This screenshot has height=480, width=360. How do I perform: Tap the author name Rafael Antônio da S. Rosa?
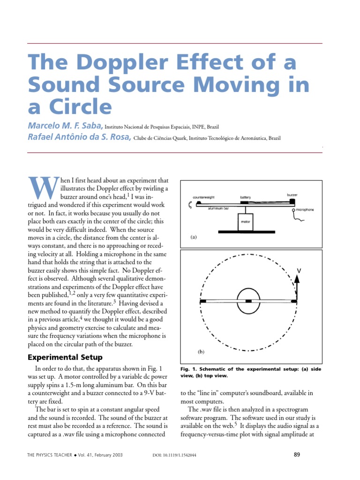80,138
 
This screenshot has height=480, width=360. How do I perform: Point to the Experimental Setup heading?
65,358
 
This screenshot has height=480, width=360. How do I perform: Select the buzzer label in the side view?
292,194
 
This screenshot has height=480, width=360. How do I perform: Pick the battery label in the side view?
246,197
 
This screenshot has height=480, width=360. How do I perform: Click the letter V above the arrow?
299,270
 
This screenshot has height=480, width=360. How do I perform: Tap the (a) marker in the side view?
193,237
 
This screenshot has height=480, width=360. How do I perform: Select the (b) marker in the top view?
201,351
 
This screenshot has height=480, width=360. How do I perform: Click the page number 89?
296,454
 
